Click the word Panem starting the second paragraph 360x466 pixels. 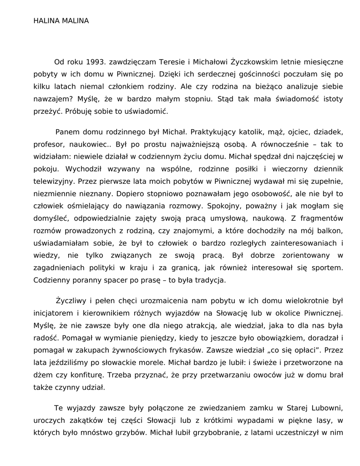(67, 132)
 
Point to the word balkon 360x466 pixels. (331, 231)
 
